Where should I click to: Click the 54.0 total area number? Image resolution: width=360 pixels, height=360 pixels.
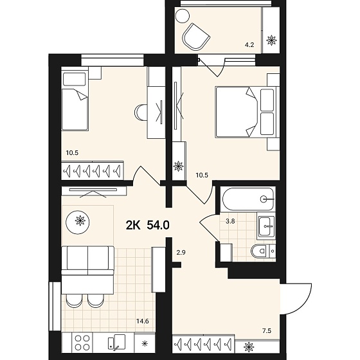pyautogui.click(x=158, y=225)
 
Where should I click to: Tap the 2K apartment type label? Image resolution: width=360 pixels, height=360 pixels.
pyautogui.click(x=133, y=225)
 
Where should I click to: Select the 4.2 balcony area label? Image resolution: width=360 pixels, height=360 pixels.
pyautogui.click(x=249, y=45)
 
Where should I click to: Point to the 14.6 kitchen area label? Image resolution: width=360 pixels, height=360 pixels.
pyautogui.click(x=143, y=321)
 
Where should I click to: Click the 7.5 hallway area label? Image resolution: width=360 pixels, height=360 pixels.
pyautogui.click(x=267, y=331)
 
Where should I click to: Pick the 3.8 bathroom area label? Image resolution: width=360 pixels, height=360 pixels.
pyautogui.click(x=230, y=222)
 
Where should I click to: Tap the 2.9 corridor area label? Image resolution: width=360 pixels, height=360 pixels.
pyautogui.click(x=181, y=253)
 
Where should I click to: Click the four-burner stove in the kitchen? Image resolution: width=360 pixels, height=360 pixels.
pyautogui.click(x=82, y=343)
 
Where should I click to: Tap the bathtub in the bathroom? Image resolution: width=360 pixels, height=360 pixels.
pyautogui.click(x=248, y=199)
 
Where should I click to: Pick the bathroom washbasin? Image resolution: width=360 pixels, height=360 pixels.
pyautogui.click(x=266, y=226)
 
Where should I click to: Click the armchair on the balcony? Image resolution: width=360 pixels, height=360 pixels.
pyautogui.click(x=195, y=37)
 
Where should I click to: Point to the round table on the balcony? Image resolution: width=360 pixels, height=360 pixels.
pyautogui.click(x=183, y=16)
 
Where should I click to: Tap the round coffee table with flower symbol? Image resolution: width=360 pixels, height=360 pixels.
pyautogui.click(x=78, y=222)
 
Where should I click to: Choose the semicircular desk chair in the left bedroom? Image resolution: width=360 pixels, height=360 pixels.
pyautogui.click(x=141, y=113)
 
